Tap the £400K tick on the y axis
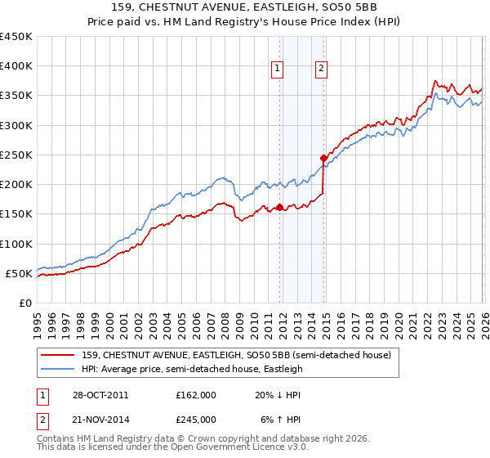[16, 66]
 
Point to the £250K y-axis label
[16, 155]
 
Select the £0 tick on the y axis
[26, 303]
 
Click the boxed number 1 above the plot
[278, 70]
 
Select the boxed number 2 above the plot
[322, 70]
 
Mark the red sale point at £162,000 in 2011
[279, 207]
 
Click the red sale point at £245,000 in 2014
[323, 158]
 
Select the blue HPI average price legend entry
[192, 369]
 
